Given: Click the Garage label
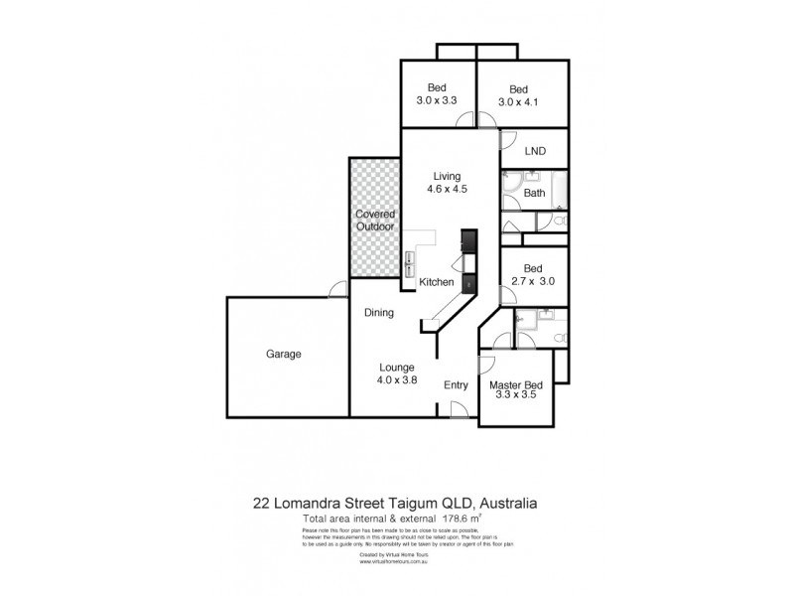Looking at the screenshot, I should (283, 354).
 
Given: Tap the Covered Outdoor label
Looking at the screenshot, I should (374, 220).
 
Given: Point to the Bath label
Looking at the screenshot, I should (535, 193).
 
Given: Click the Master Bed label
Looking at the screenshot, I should (515, 385).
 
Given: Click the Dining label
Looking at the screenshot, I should (379, 313).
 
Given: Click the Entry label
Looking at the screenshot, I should (456, 385).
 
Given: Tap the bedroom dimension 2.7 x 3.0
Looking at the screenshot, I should (532, 281).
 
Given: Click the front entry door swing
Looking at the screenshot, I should (458, 408).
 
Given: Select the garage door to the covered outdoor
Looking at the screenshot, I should (338, 290).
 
